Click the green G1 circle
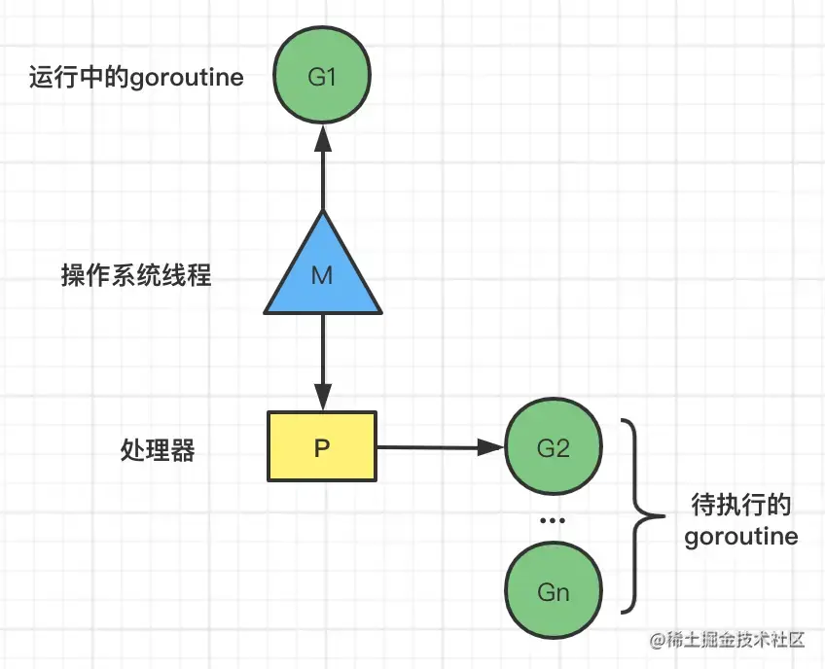(x=321, y=75)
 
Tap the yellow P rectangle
(x=322, y=447)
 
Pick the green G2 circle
(x=552, y=448)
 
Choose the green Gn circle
(x=552, y=592)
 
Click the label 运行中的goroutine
(x=136, y=78)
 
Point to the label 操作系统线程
(x=136, y=277)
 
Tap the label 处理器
(x=158, y=450)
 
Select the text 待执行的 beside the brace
(x=739, y=506)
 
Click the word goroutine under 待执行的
(x=740, y=536)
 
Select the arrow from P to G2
(x=438, y=448)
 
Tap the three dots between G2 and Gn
(x=552, y=520)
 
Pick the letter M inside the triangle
(x=322, y=277)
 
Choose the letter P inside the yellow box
(x=322, y=448)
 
